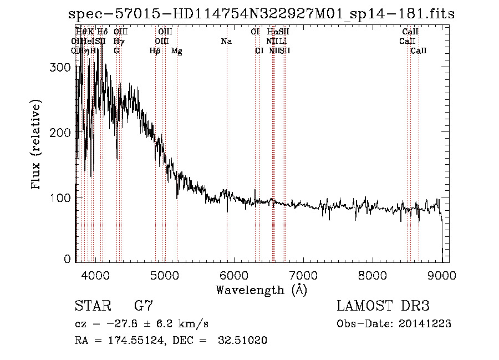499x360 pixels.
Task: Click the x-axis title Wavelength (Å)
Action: pos(261,290)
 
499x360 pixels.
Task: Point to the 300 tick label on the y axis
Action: pos(63,68)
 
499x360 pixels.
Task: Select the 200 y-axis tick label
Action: pos(63,133)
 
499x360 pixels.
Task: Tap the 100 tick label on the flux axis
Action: pos(63,197)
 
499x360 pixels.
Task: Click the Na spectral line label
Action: pos(226,41)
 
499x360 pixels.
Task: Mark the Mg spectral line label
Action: pos(176,51)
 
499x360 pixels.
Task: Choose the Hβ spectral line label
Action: pos(155,51)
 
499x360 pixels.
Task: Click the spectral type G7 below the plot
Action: pos(144,306)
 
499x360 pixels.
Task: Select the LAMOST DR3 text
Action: pos(383,306)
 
